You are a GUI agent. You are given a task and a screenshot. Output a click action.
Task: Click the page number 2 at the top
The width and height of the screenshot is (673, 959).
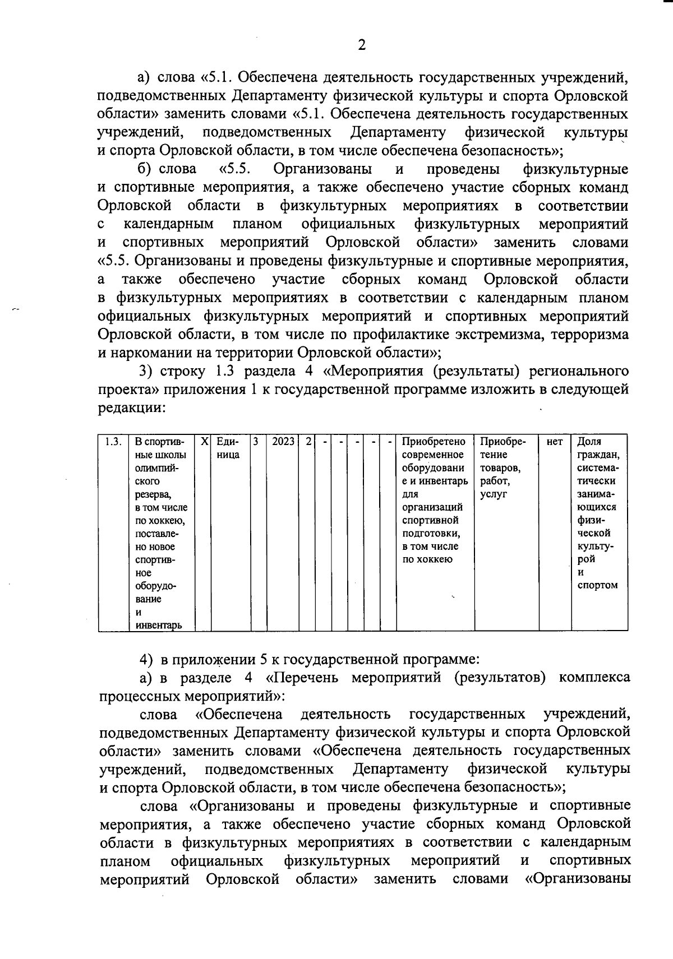point(362,45)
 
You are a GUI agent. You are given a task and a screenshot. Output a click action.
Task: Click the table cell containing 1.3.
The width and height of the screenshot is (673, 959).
point(113,442)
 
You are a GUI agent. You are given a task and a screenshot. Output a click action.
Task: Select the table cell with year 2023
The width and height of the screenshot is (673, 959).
point(283,442)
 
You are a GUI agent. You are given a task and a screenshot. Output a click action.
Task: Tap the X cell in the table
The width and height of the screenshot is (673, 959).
point(205,442)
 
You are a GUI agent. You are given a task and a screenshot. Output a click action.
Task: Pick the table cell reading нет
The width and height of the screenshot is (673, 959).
point(554,442)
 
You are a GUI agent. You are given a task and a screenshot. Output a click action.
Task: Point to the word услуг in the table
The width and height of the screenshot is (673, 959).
point(494,494)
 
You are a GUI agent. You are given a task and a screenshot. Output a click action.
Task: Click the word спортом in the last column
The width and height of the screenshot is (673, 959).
point(597,585)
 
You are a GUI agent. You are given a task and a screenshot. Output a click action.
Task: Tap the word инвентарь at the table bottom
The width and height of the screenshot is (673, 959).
point(158,625)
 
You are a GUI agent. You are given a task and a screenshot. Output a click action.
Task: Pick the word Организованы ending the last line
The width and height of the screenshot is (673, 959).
point(578,878)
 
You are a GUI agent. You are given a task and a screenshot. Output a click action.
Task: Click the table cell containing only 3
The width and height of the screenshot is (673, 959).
point(255,442)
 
